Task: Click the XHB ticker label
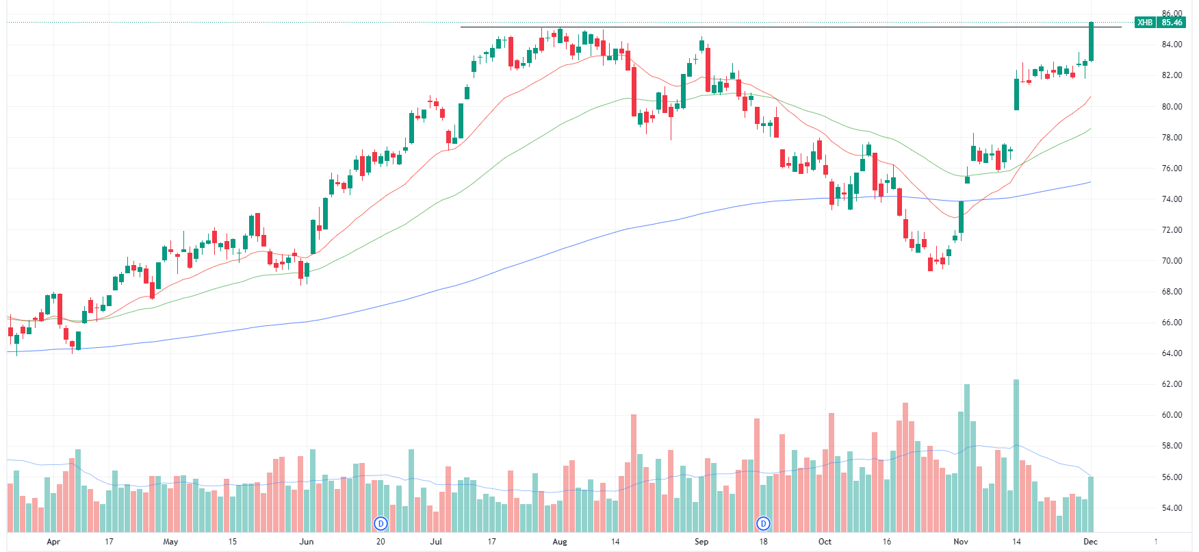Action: (x=1144, y=23)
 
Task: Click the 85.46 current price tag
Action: (x=1172, y=23)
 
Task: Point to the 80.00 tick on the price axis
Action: (x=1172, y=106)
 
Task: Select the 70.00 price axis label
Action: (x=1172, y=261)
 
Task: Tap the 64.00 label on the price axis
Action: (x=1172, y=353)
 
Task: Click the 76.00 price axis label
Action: (x=1172, y=168)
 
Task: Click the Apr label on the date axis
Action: (x=53, y=542)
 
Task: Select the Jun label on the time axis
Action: (x=307, y=542)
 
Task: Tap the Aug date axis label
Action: (x=560, y=542)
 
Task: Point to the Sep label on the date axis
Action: (x=701, y=542)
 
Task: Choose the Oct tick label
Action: (x=825, y=542)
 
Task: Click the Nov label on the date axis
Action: (x=961, y=542)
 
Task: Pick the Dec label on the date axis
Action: (x=1091, y=542)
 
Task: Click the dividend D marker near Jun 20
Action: (x=381, y=524)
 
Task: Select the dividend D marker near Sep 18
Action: (x=763, y=524)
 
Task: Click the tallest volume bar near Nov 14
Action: (x=1016, y=455)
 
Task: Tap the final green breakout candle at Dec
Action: (x=1091, y=41)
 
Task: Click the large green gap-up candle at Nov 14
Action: (x=1016, y=94)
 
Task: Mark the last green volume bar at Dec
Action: (x=1091, y=504)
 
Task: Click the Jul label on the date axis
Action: (x=436, y=542)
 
